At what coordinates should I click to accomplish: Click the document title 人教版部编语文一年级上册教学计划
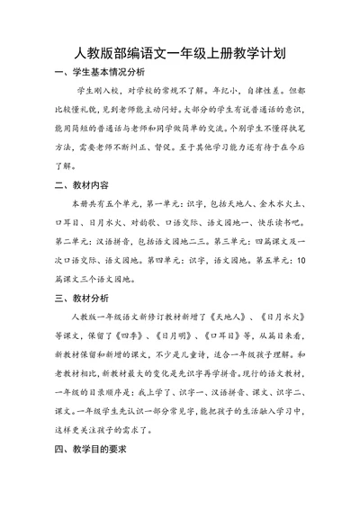pos(180,53)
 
